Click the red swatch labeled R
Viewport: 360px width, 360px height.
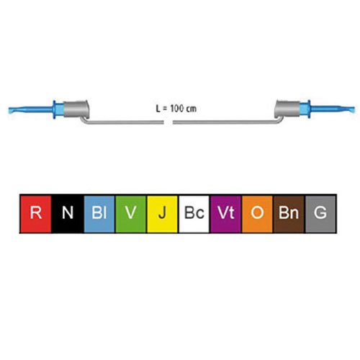(36, 214)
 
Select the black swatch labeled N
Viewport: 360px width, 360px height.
(68, 214)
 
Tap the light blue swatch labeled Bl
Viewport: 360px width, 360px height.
(99, 214)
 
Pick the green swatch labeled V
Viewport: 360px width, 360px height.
(131, 214)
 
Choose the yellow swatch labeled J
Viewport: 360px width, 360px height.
(162, 214)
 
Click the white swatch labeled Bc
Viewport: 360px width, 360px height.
(194, 214)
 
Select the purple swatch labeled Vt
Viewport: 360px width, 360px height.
(225, 214)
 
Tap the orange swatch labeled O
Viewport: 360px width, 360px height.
(257, 214)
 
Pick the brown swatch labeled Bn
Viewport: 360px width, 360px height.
(289, 214)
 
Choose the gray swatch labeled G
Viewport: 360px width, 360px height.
(320, 214)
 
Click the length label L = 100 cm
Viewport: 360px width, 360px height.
(176, 109)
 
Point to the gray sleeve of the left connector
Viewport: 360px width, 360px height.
(76, 109)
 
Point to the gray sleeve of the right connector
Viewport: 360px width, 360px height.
(287, 109)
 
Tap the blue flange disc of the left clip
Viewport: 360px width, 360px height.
(55, 109)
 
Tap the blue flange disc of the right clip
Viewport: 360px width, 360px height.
(309, 109)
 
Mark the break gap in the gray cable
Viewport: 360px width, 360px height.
(168, 122)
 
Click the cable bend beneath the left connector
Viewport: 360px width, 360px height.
(84, 120)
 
